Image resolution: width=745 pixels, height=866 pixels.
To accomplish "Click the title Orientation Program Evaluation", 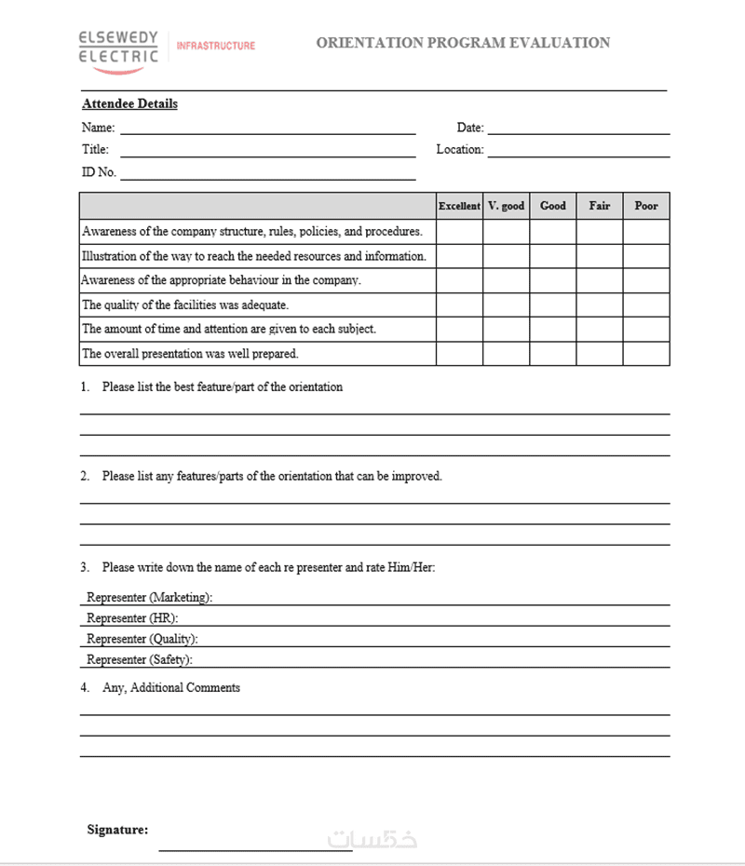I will (463, 43).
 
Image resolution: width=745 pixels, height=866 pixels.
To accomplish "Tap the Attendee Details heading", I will (129, 104).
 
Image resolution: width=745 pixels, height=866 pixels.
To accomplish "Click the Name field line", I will (267, 132).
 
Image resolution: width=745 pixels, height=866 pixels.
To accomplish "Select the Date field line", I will (578, 132).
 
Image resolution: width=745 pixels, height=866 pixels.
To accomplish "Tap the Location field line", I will (578, 155).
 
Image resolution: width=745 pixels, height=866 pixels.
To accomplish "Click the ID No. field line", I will (267, 177).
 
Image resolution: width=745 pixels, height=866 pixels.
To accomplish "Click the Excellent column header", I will (459, 206).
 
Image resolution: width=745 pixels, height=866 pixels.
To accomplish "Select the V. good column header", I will (506, 206).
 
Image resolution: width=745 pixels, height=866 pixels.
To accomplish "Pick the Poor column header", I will (646, 206).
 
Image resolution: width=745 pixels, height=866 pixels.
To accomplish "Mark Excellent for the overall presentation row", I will (459, 354).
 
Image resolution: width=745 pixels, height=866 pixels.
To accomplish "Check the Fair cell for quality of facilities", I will (600, 304).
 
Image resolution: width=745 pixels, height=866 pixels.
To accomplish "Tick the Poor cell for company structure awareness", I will (646, 232).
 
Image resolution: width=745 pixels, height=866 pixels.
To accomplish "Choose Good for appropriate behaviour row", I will (553, 280).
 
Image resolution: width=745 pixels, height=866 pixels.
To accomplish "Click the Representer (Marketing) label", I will (149, 597).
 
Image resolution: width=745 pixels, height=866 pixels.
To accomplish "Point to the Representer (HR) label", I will (132, 617).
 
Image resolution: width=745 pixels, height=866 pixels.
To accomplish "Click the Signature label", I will (117, 830).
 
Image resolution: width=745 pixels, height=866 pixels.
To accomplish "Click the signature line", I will (255, 848).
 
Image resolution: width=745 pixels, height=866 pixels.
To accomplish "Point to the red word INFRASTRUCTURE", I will (215, 46).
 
